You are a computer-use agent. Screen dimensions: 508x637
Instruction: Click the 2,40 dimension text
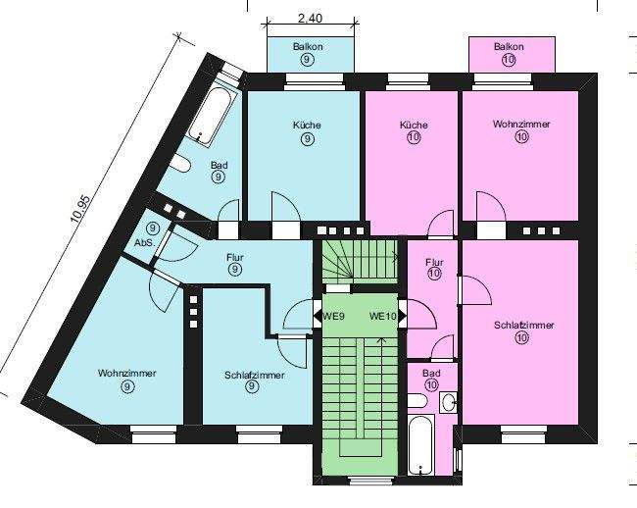point(309,18)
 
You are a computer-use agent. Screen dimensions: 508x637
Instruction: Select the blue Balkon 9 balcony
point(307,53)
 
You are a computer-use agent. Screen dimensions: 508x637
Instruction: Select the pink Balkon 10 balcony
point(509,53)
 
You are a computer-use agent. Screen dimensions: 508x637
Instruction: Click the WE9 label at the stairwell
point(334,317)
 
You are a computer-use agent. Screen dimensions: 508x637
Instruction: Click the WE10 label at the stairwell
point(382,317)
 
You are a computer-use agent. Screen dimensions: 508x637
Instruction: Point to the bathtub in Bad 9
point(212,117)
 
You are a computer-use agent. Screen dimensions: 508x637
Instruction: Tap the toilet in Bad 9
point(181,162)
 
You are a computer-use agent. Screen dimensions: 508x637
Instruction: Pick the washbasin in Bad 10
point(448,402)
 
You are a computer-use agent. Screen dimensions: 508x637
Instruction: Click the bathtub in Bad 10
point(420,446)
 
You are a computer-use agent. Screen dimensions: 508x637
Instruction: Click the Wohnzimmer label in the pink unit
point(520,125)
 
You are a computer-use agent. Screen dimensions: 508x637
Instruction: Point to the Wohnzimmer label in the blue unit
point(127,374)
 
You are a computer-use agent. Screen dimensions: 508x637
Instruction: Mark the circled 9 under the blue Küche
point(307,140)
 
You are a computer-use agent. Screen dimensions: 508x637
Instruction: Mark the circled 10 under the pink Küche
point(413,138)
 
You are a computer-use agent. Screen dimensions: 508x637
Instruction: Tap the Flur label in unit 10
point(435,262)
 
